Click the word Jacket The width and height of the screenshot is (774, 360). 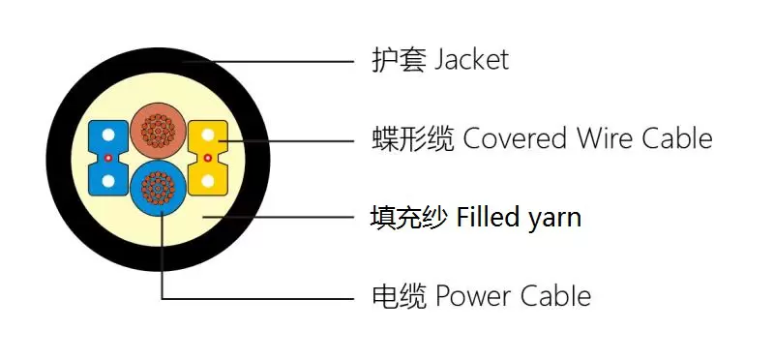pos(471,60)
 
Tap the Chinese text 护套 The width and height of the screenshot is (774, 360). pos(398,60)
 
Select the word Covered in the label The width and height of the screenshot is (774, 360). pos(515,138)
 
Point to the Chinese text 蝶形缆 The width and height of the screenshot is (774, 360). pos(412,138)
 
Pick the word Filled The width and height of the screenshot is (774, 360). pos(488,218)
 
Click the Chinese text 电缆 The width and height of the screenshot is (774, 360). pos(399,296)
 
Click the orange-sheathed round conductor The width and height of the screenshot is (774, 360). pos(158,131)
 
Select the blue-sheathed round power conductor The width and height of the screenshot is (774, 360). pos(159,188)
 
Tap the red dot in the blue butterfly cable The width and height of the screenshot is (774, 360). pos(108,158)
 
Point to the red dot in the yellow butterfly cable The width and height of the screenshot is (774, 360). pos(208,158)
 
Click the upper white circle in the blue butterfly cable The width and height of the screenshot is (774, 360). pos(108,135)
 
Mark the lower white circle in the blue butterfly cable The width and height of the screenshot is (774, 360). pos(108,181)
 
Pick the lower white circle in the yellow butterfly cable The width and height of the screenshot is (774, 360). pos(208,181)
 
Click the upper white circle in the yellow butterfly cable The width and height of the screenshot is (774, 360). pos(208,135)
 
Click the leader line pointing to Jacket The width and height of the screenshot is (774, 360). pos(268,62)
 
